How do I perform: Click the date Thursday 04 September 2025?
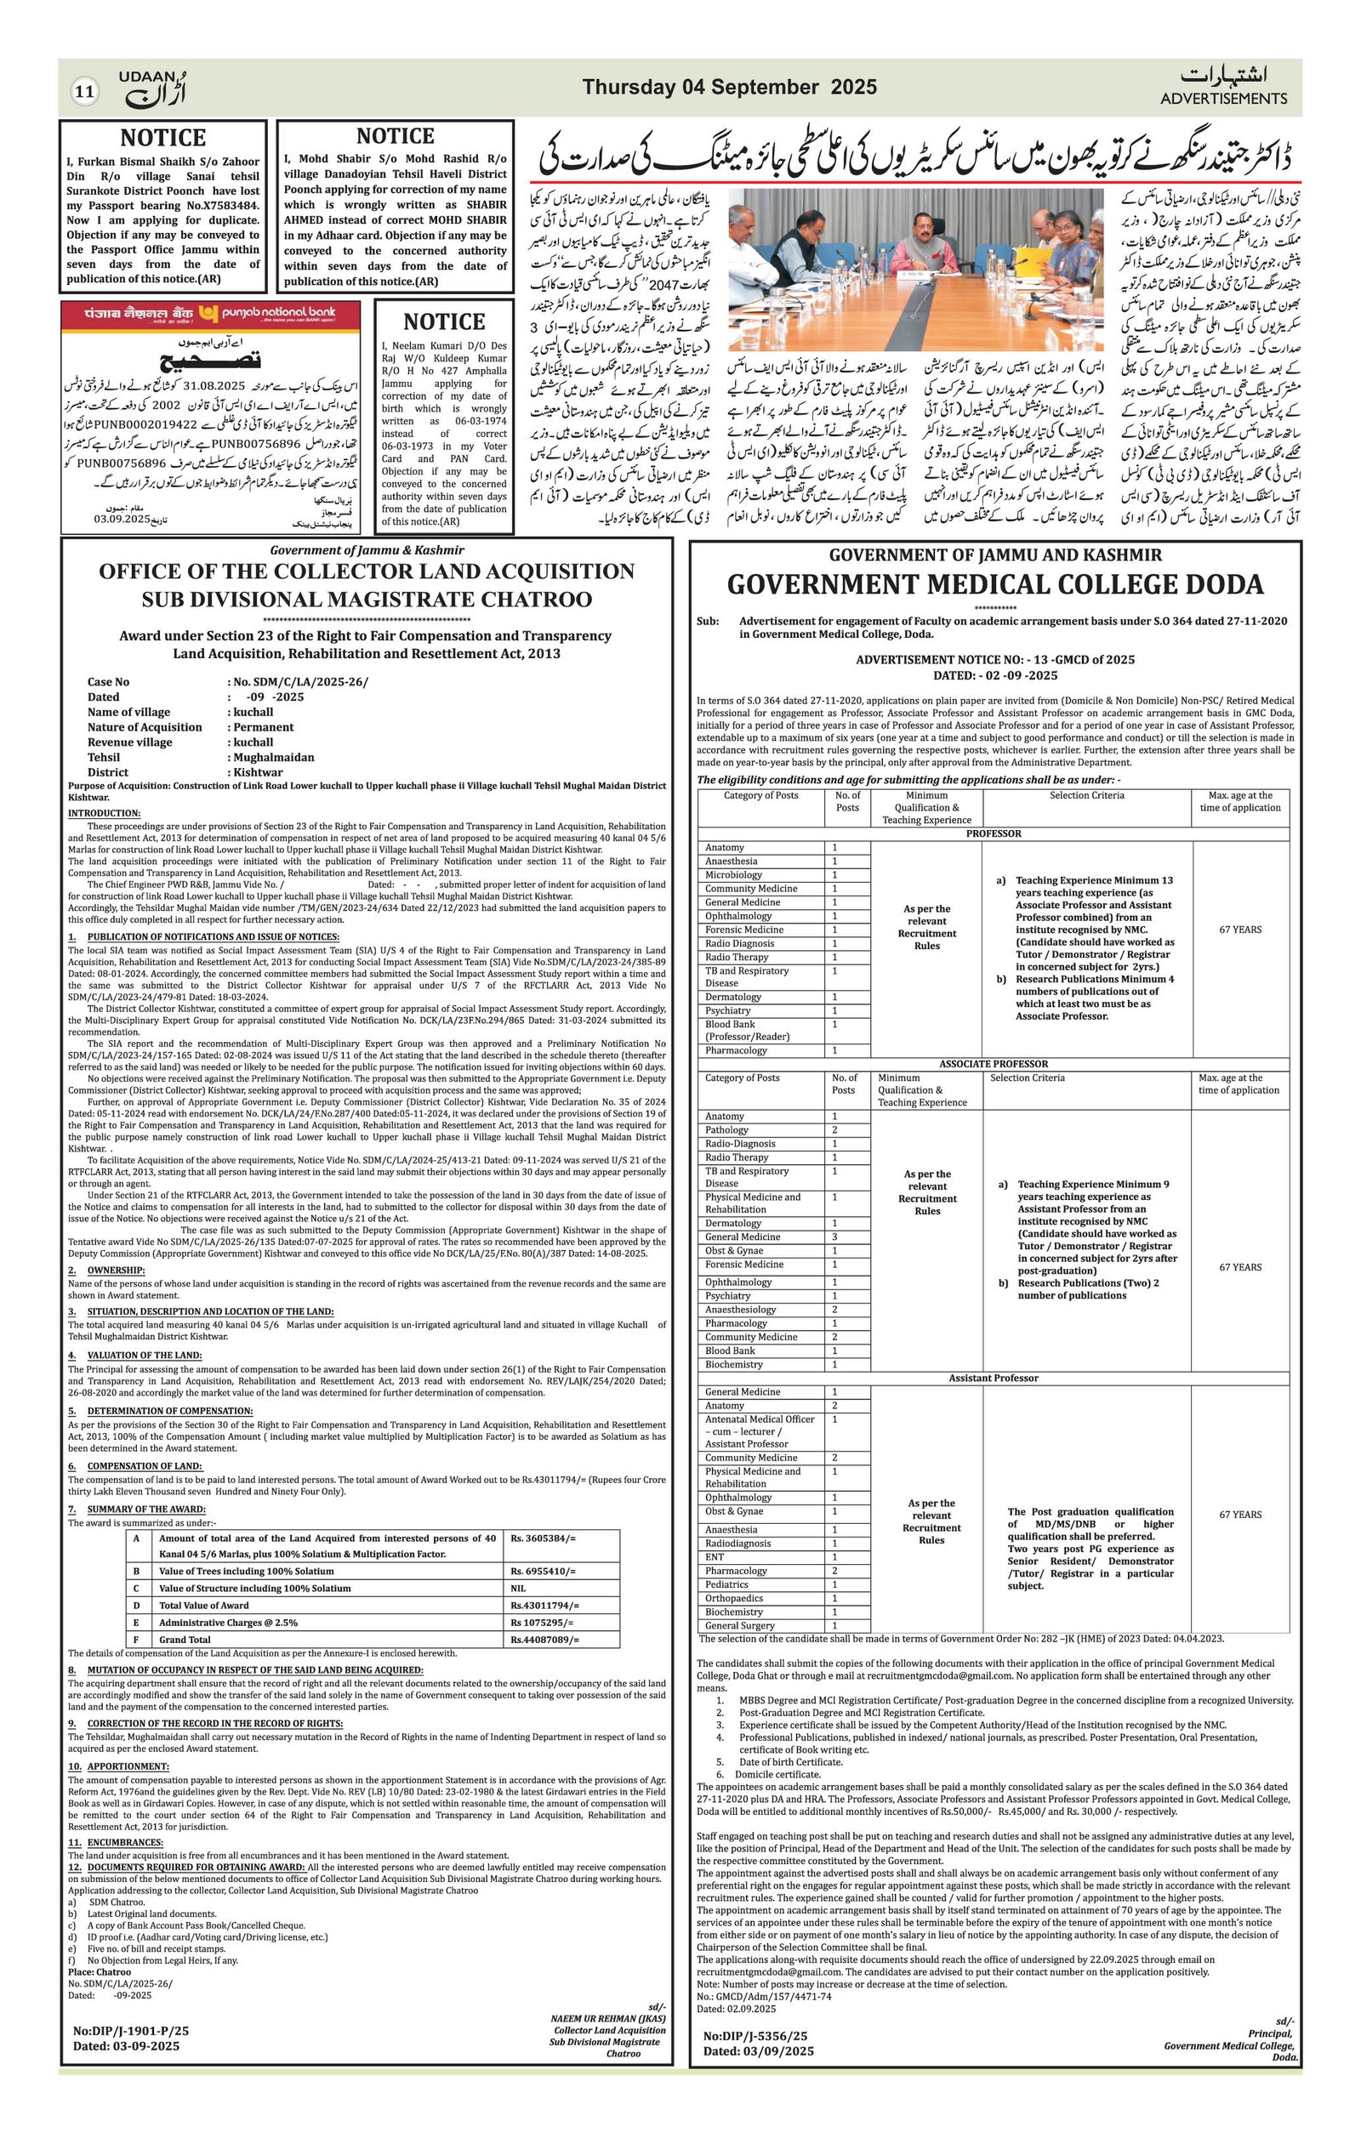coord(729,87)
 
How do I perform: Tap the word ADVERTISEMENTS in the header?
coord(1222,99)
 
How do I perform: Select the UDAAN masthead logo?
coord(153,87)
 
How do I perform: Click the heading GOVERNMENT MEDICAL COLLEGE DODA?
coord(994,584)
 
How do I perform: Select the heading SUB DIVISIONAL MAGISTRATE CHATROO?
coord(367,600)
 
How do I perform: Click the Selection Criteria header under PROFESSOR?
coord(1085,795)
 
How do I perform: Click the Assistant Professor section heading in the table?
coord(993,1378)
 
